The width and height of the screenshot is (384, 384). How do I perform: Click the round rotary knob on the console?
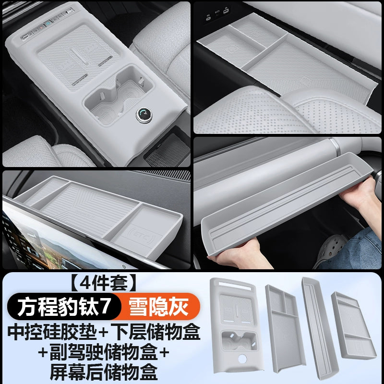(144, 115)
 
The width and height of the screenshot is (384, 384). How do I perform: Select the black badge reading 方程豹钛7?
(64, 306)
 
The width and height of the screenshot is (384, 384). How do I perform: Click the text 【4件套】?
(103, 283)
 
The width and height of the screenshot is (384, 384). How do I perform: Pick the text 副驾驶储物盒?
(103, 352)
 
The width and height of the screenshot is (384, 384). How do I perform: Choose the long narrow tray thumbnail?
(320, 331)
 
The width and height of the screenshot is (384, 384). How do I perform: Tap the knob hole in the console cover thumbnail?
(242, 359)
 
